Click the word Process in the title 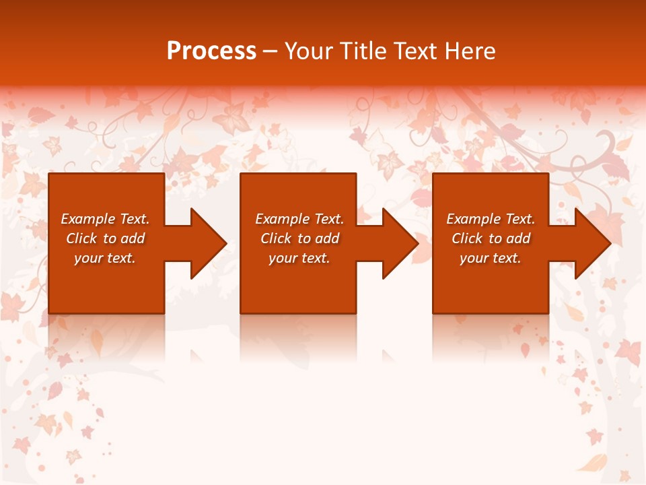(211, 51)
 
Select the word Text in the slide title (415, 51)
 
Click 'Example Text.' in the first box (105, 219)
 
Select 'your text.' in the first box (105, 258)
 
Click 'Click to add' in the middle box (299, 238)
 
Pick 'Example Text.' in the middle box (299, 219)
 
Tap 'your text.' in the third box (491, 258)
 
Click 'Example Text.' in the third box (491, 219)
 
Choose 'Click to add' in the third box (491, 238)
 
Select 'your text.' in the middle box (299, 258)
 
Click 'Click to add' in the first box (105, 238)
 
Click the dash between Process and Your (270, 52)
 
